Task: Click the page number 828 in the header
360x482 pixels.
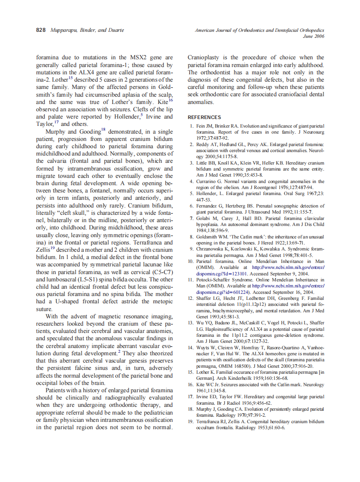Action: pyautogui.click(x=42, y=30)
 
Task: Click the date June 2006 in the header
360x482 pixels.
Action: pyautogui.click(x=314, y=37)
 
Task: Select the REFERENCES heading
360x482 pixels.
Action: pyautogui.click(x=204, y=117)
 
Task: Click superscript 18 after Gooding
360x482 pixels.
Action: pyautogui.click(x=103, y=130)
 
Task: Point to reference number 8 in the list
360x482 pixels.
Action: pyautogui.click(x=192, y=236)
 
